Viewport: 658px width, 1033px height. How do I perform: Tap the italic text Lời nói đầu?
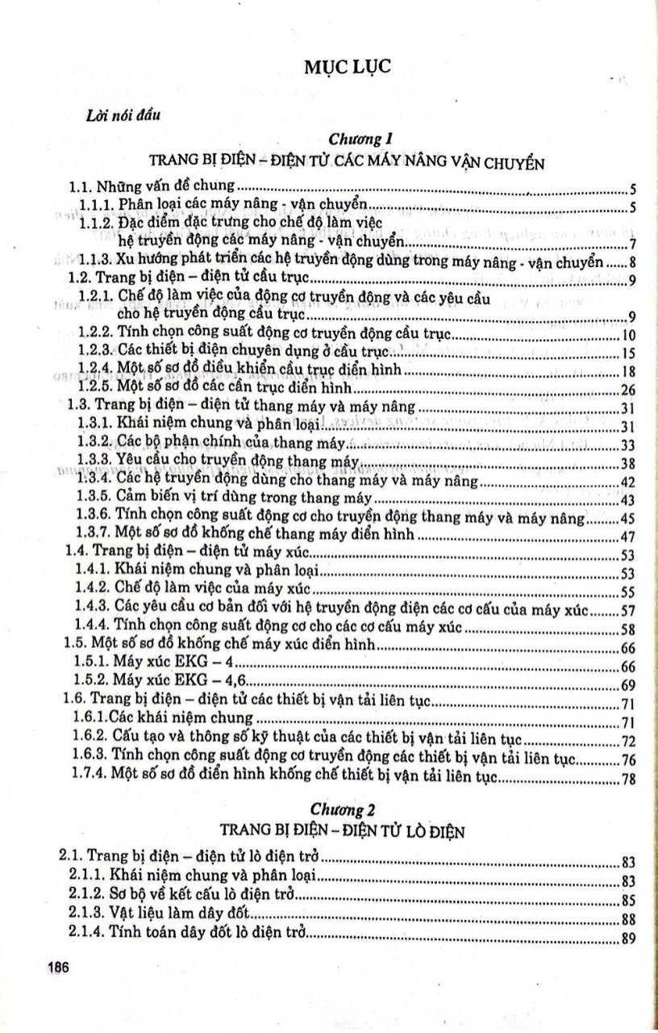[123, 115]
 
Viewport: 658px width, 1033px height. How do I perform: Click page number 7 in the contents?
[635, 245]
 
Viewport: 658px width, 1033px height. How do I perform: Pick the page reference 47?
[630, 537]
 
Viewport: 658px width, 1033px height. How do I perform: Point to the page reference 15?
[630, 354]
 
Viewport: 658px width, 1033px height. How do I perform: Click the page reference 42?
[630, 483]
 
